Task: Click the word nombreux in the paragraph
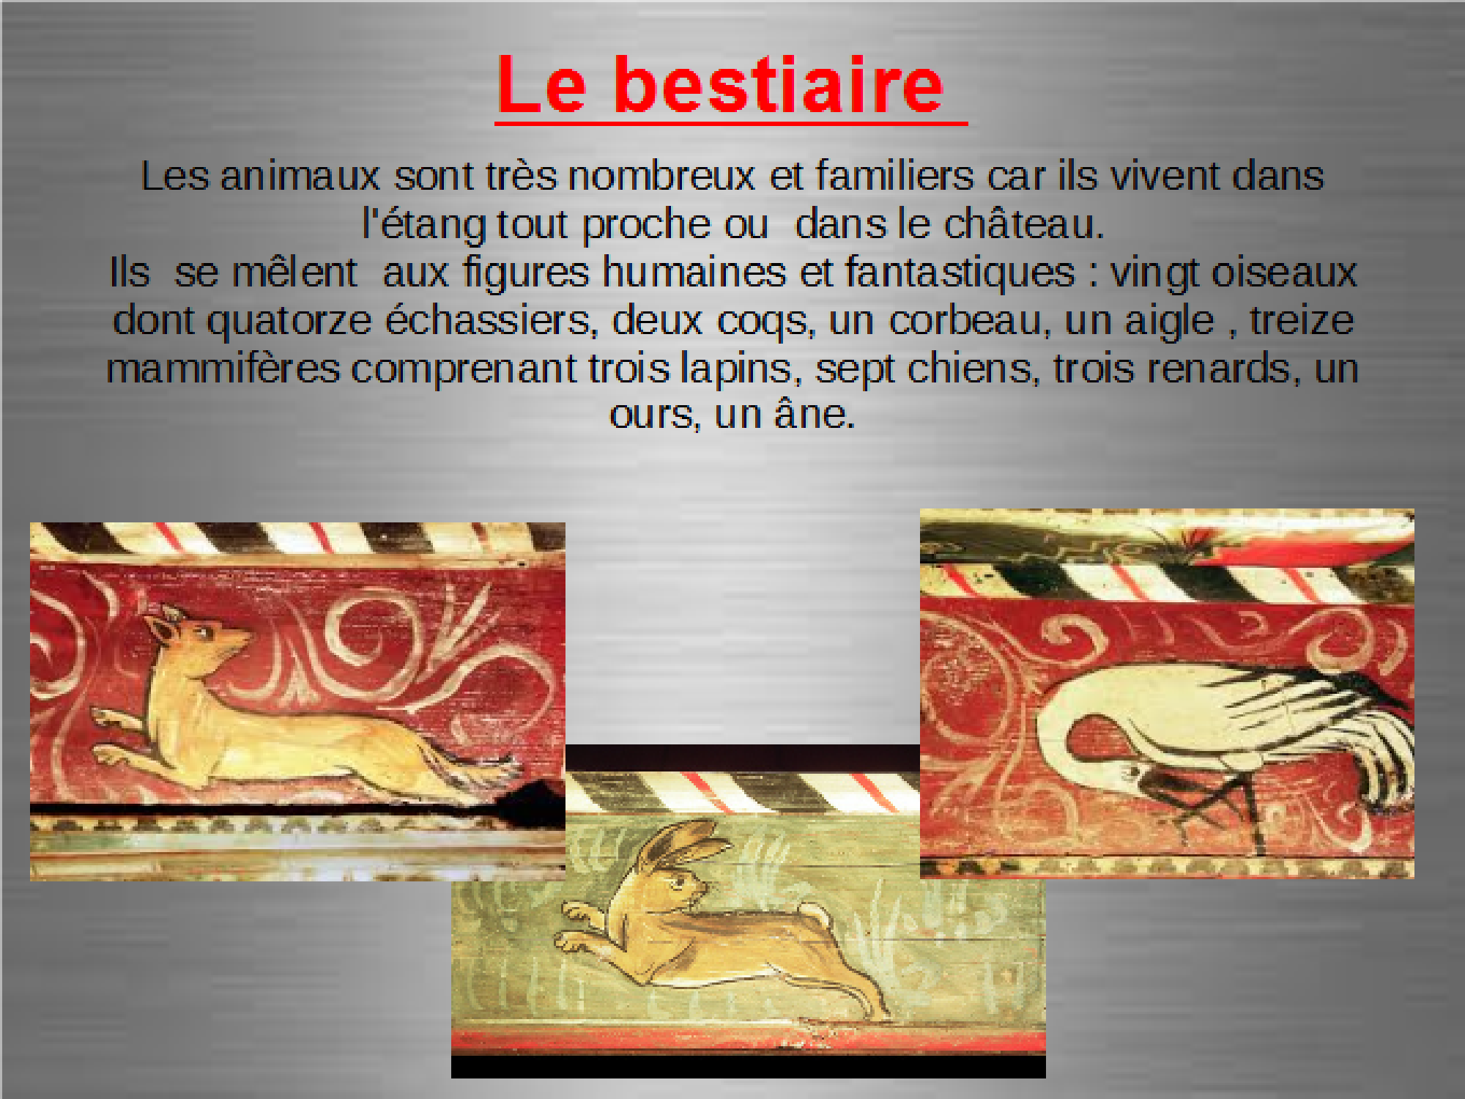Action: point(661,177)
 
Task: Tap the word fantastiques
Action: point(960,272)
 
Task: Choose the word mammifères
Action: point(223,369)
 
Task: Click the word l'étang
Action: point(425,224)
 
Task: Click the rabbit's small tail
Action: point(816,914)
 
